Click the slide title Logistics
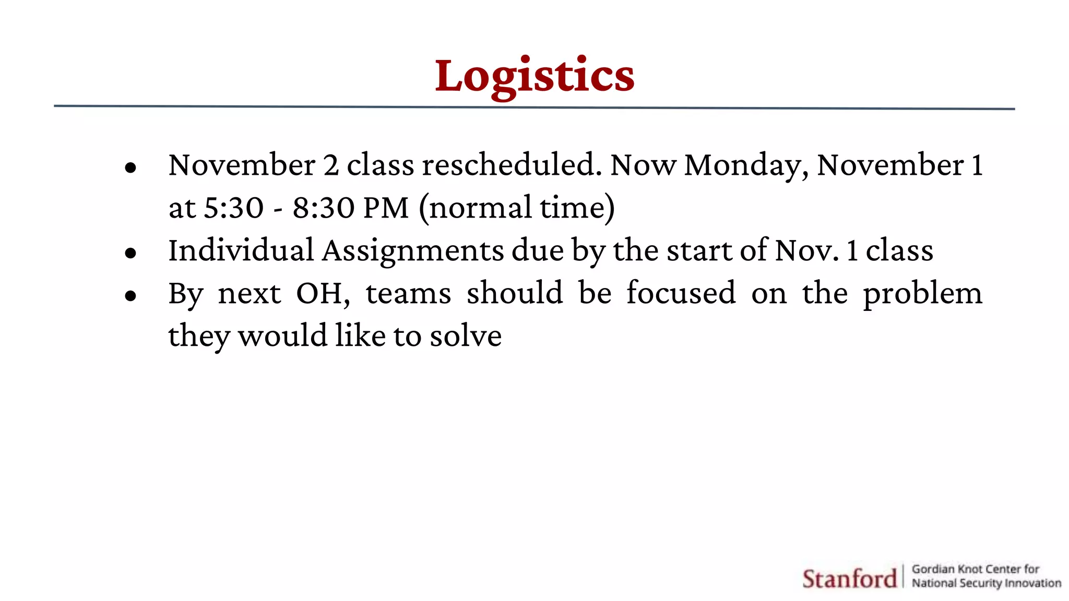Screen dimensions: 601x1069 coord(534,76)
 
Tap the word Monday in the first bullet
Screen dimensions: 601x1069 coord(746,166)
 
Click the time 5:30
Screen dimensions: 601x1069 coord(233,208)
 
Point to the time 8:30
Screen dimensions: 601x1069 coord(323,208)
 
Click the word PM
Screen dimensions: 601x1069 coord(386,208)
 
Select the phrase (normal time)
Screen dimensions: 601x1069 coord(517,208)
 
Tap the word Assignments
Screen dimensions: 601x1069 coord(413,251)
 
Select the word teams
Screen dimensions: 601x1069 coord(408,294)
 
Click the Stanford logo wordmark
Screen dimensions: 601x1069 coord(849,579)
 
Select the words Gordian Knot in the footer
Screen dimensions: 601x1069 coord(949,569)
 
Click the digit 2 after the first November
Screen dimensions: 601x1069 coord(331,166)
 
